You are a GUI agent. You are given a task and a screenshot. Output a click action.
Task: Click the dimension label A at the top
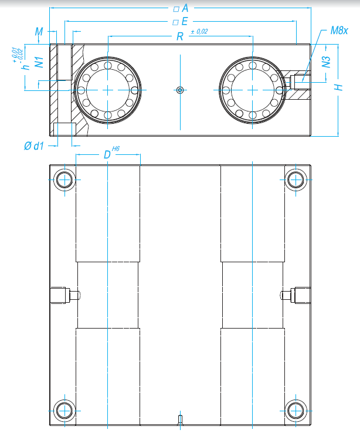[x=185, y=8]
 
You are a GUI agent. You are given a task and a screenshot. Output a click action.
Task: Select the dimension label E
[x=184, y=22]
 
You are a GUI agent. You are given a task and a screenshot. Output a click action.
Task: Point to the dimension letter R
[x=180, y=36]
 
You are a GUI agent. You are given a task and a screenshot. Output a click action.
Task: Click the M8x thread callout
[x=338, y=30]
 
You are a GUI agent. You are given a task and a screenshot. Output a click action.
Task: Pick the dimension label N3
[x=327, y=61]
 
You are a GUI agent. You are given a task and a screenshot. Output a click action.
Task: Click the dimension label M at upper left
[x=39, y=31]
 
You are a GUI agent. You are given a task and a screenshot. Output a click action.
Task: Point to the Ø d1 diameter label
[x=35, y=146]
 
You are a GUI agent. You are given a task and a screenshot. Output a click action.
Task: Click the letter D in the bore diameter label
[x=107, y=155]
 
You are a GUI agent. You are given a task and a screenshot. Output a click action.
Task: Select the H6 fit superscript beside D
[x=116, y=151]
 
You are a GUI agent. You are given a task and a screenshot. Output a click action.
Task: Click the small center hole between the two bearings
[x=180, y=90]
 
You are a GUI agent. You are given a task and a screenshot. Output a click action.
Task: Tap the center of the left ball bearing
[x=108, y=90]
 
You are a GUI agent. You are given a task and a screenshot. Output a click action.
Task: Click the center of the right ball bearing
[x=252, y=90]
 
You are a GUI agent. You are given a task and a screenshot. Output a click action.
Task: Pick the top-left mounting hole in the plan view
[x=64, y=180]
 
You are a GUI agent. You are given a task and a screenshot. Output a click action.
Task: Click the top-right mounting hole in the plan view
[x=295, y=180]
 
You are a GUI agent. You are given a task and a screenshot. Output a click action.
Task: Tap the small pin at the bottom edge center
[x=180, y=419]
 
